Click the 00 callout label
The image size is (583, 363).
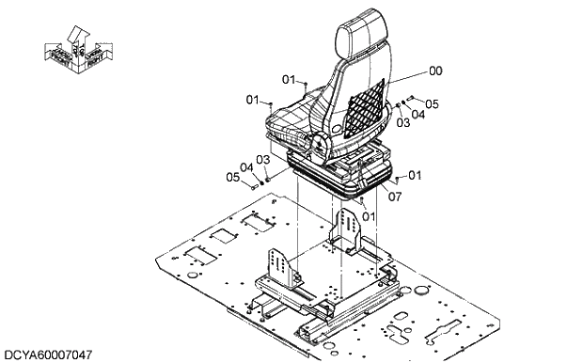(435, 70)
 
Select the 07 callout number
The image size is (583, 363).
(395, 197)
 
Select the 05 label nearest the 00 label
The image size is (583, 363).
(433, 103)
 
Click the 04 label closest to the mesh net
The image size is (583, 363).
(418, 114)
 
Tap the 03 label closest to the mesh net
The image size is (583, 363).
(402, 122)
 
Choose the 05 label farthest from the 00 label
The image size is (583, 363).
(231, 178)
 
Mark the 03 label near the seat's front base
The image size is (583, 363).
(262, 160)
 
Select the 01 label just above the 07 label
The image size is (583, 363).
(415, 175)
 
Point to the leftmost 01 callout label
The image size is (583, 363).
(252, 99)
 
